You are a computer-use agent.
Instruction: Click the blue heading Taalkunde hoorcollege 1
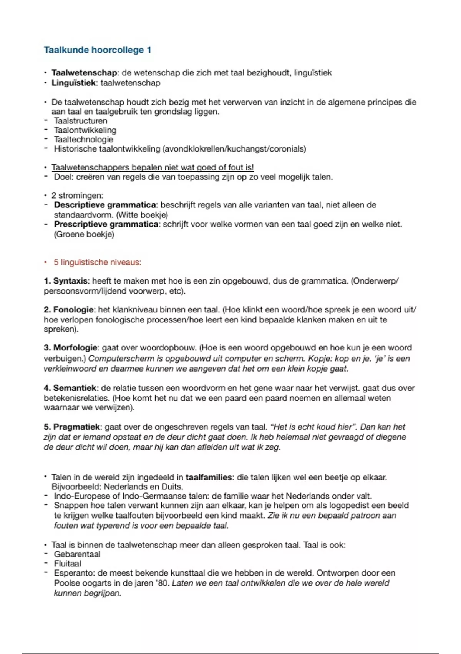click(x=98, y=50)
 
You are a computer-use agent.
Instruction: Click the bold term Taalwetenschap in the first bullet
click(x=84, y=73)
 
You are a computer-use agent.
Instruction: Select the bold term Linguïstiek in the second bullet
click(x=73, y=83)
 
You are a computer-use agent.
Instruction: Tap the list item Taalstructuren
click(x=81, y=121)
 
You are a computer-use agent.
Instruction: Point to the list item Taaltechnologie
click(x=83, y=139)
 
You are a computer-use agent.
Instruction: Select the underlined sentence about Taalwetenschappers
click(x=153, y=167)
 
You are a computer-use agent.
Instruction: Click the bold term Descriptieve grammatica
click(x=105, y=205)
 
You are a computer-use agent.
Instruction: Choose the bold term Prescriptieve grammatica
click(x=106, y=224)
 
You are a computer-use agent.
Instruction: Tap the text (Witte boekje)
click(x=142, y=215)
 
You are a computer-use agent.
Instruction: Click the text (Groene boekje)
click(x=84, y=234)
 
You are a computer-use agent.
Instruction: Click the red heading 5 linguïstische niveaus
click(x=97, y=262)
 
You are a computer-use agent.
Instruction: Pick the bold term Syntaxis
click(x=70, y=281)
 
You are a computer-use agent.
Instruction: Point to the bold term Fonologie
click(x=73, y=310)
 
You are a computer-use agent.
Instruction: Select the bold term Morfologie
click(x=75, y=348)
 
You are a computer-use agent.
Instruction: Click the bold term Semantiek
click(x=75, y=388)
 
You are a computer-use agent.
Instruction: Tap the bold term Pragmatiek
click(x=77, y=427)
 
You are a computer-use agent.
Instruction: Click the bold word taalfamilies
click(x=209, y=477)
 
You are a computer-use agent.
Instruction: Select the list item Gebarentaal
click(x=77, y=554)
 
